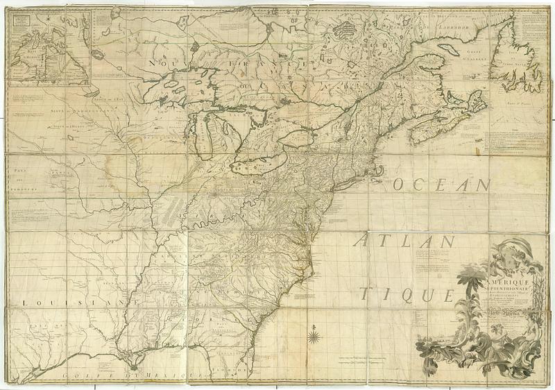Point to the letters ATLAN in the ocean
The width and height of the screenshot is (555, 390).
pyautogui.click(x=405, y=242)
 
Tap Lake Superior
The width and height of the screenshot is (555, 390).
pyautogui.click(x=173, y=83)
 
